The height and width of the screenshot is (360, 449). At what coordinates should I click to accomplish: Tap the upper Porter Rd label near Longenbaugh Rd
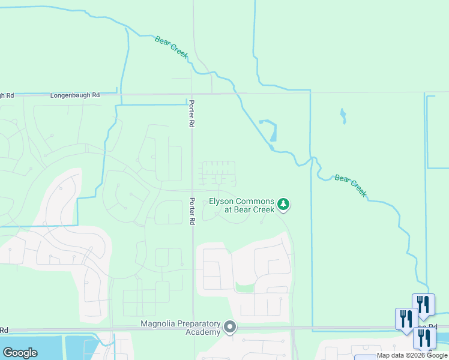(x=193, y=112)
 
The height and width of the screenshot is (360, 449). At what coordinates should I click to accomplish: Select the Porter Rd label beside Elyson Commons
(x=193, y=211)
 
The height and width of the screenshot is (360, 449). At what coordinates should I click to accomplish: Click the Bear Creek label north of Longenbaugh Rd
(x=172, y=47)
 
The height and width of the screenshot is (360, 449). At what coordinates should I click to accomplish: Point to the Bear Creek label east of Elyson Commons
(x=351, y=185)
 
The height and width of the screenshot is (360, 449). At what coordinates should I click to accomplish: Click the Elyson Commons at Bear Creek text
(x=241, y=206)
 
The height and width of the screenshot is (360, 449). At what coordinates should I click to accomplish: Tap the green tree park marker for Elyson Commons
(x=284, y=206)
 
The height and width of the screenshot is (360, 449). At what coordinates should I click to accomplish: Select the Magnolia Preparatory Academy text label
(x=180, y=328)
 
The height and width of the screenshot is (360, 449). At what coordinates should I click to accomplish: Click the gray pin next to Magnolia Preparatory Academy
(x=230, y=328)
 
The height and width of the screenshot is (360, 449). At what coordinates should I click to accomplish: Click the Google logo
(x=20, y=353)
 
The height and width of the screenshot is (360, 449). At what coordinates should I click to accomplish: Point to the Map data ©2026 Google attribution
(x=412, y=355)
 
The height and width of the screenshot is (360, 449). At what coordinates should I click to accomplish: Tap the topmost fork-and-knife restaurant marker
(x=424, y=305)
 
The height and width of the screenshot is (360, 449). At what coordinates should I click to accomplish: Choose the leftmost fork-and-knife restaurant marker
(x=406, y=319)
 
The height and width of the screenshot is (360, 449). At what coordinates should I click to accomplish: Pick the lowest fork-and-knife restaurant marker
(x=424, y=338)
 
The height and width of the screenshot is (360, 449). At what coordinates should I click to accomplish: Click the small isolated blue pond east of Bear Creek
(x=343, y=115)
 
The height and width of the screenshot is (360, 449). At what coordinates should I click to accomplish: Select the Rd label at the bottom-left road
(x=4, y=330)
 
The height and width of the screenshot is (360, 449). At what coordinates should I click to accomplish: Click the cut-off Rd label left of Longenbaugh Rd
(x=7, y=95)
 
